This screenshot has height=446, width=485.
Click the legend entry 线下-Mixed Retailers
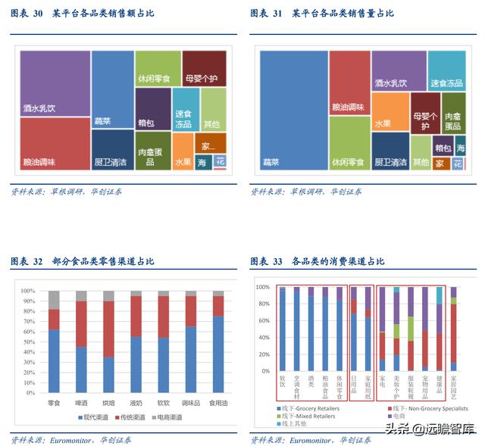311,416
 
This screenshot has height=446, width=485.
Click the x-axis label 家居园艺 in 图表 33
453,388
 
